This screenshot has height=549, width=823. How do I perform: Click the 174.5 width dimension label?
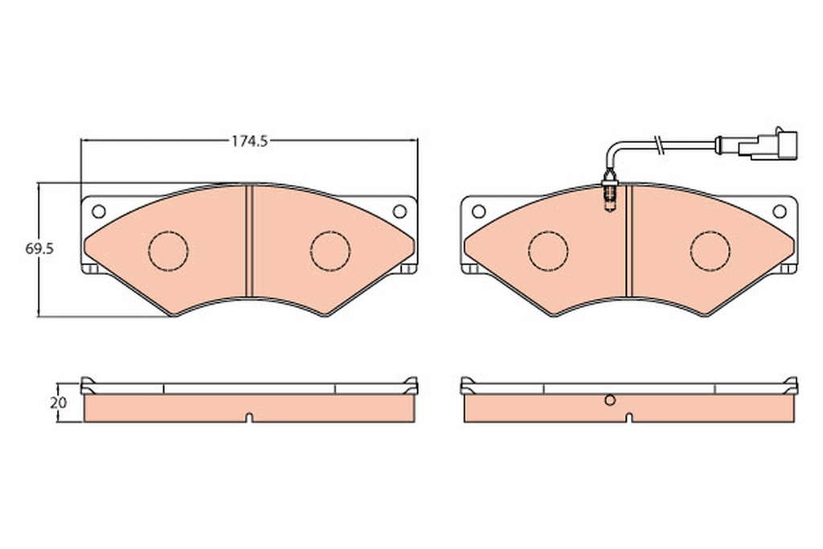[250, 141]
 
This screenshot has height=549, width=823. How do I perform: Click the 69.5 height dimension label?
[39, 248]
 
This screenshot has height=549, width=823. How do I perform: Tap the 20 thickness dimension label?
[58, 403]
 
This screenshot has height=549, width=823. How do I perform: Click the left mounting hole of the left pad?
[98, 211]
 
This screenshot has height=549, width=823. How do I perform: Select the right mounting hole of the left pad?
[399, 211]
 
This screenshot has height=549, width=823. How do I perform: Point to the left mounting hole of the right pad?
[478, 211]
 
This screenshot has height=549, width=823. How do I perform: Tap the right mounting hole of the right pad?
[780, 211]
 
